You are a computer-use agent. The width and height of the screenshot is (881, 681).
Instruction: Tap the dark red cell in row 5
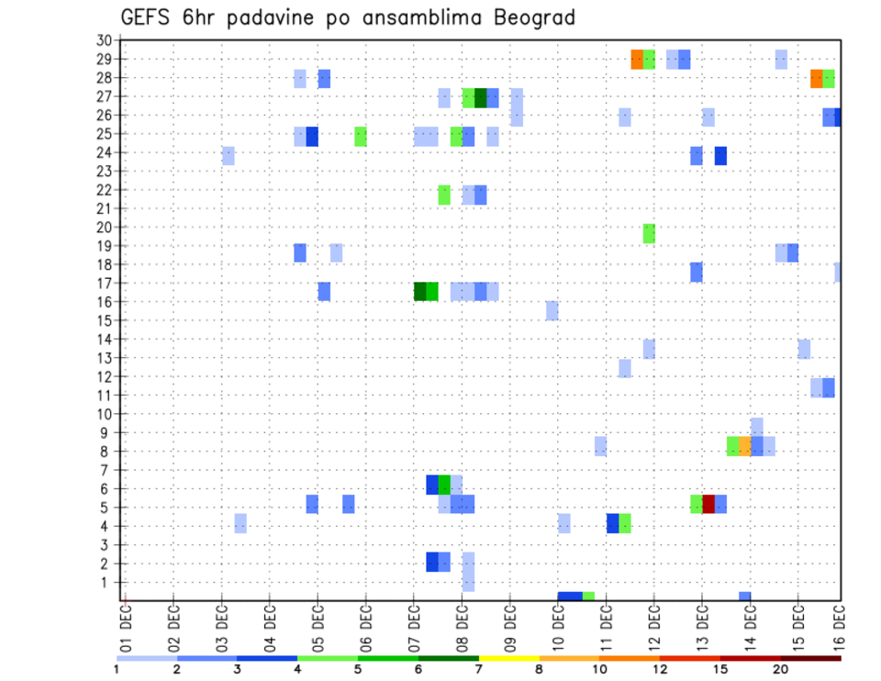(x=708, y=504)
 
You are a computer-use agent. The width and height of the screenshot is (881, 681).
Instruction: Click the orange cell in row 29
(x=637, y=60)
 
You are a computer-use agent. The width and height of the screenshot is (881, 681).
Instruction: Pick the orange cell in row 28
(x=816, y=79)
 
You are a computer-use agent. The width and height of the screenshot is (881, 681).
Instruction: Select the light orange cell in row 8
(x=744, y=446)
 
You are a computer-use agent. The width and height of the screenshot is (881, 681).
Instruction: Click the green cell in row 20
(x=649, y=233)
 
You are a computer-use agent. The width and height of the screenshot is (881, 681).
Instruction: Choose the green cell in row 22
(x=444, y=195)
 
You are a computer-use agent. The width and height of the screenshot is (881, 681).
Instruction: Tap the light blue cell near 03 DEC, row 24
(x=229, y=156)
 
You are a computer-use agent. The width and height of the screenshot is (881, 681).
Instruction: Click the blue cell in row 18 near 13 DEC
(x=697, y=272)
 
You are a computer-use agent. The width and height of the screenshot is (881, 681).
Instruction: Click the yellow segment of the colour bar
(x=508, y=658)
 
